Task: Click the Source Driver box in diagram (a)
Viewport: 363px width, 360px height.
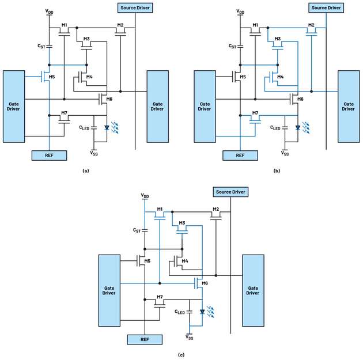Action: [x=135, y=9]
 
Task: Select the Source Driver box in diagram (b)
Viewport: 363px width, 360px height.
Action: [x=326, y=8]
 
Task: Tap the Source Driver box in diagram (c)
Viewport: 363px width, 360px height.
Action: [x=230, y=191]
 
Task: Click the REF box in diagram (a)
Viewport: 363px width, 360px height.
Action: [x=50, y=155]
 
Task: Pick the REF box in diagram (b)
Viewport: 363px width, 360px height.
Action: [x=240, y=155]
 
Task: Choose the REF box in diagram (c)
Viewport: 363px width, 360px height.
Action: [x=144, y=340]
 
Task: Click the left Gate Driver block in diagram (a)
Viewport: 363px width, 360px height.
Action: [x=14, y=105]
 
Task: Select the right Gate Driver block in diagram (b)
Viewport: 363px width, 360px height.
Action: [x=348, y=105]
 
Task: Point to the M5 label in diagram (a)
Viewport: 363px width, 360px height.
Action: [x=52, y=77]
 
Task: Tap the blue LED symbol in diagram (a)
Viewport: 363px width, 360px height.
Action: [x=107, y=128]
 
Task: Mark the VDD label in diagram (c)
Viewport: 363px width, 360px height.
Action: [x=144, y=196]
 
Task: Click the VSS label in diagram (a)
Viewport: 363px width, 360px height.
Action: [x=94, y=153]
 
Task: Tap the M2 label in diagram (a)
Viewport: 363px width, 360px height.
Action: [x=120, y=25]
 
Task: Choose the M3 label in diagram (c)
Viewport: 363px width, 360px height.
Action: [x=182, y=222]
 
